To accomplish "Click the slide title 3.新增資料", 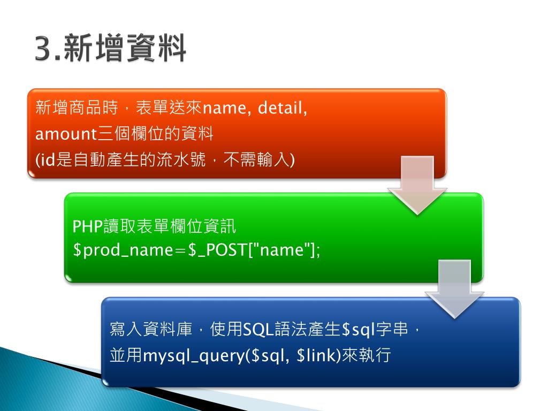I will pyautogui.click(x=111, y=49).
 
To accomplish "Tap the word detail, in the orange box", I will pyautogui.click(x=282, y=109).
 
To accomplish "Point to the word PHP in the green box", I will pyautogui.click(x=87, y=227).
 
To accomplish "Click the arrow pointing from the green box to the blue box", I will pyautogui.click(x=454, y=289).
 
